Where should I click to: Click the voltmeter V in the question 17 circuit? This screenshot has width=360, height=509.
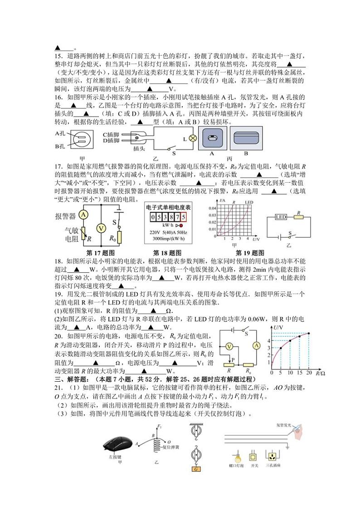pyautogui.click(x=102, y=228)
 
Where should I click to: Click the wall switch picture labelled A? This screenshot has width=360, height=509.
pyautogui.click(x=210, y=139)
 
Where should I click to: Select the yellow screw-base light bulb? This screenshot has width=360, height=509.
pyautogui.click(x=235, y=455)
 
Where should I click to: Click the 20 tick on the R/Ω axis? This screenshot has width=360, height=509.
pyautogui.click(x=309, y=373)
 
